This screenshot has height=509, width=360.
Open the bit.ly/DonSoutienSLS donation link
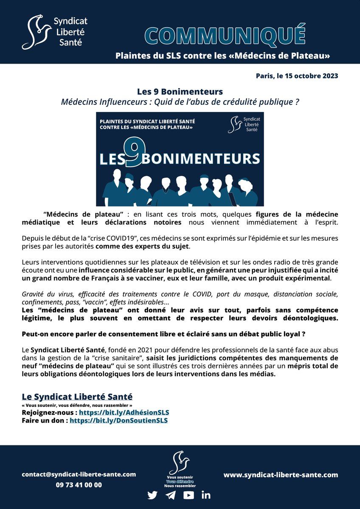119,420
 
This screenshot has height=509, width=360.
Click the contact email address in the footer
79,474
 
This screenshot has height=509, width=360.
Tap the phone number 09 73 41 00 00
79,485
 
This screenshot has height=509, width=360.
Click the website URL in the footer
281,475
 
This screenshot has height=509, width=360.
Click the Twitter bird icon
152,495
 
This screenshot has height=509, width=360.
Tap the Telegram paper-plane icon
171,495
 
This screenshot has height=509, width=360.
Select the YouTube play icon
188,495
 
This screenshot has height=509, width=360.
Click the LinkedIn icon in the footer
206,495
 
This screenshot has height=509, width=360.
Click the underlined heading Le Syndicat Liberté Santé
77,397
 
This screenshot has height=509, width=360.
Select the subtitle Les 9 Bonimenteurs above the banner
180,92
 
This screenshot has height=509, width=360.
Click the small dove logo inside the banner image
235,124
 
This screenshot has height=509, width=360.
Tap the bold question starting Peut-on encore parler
163,334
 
